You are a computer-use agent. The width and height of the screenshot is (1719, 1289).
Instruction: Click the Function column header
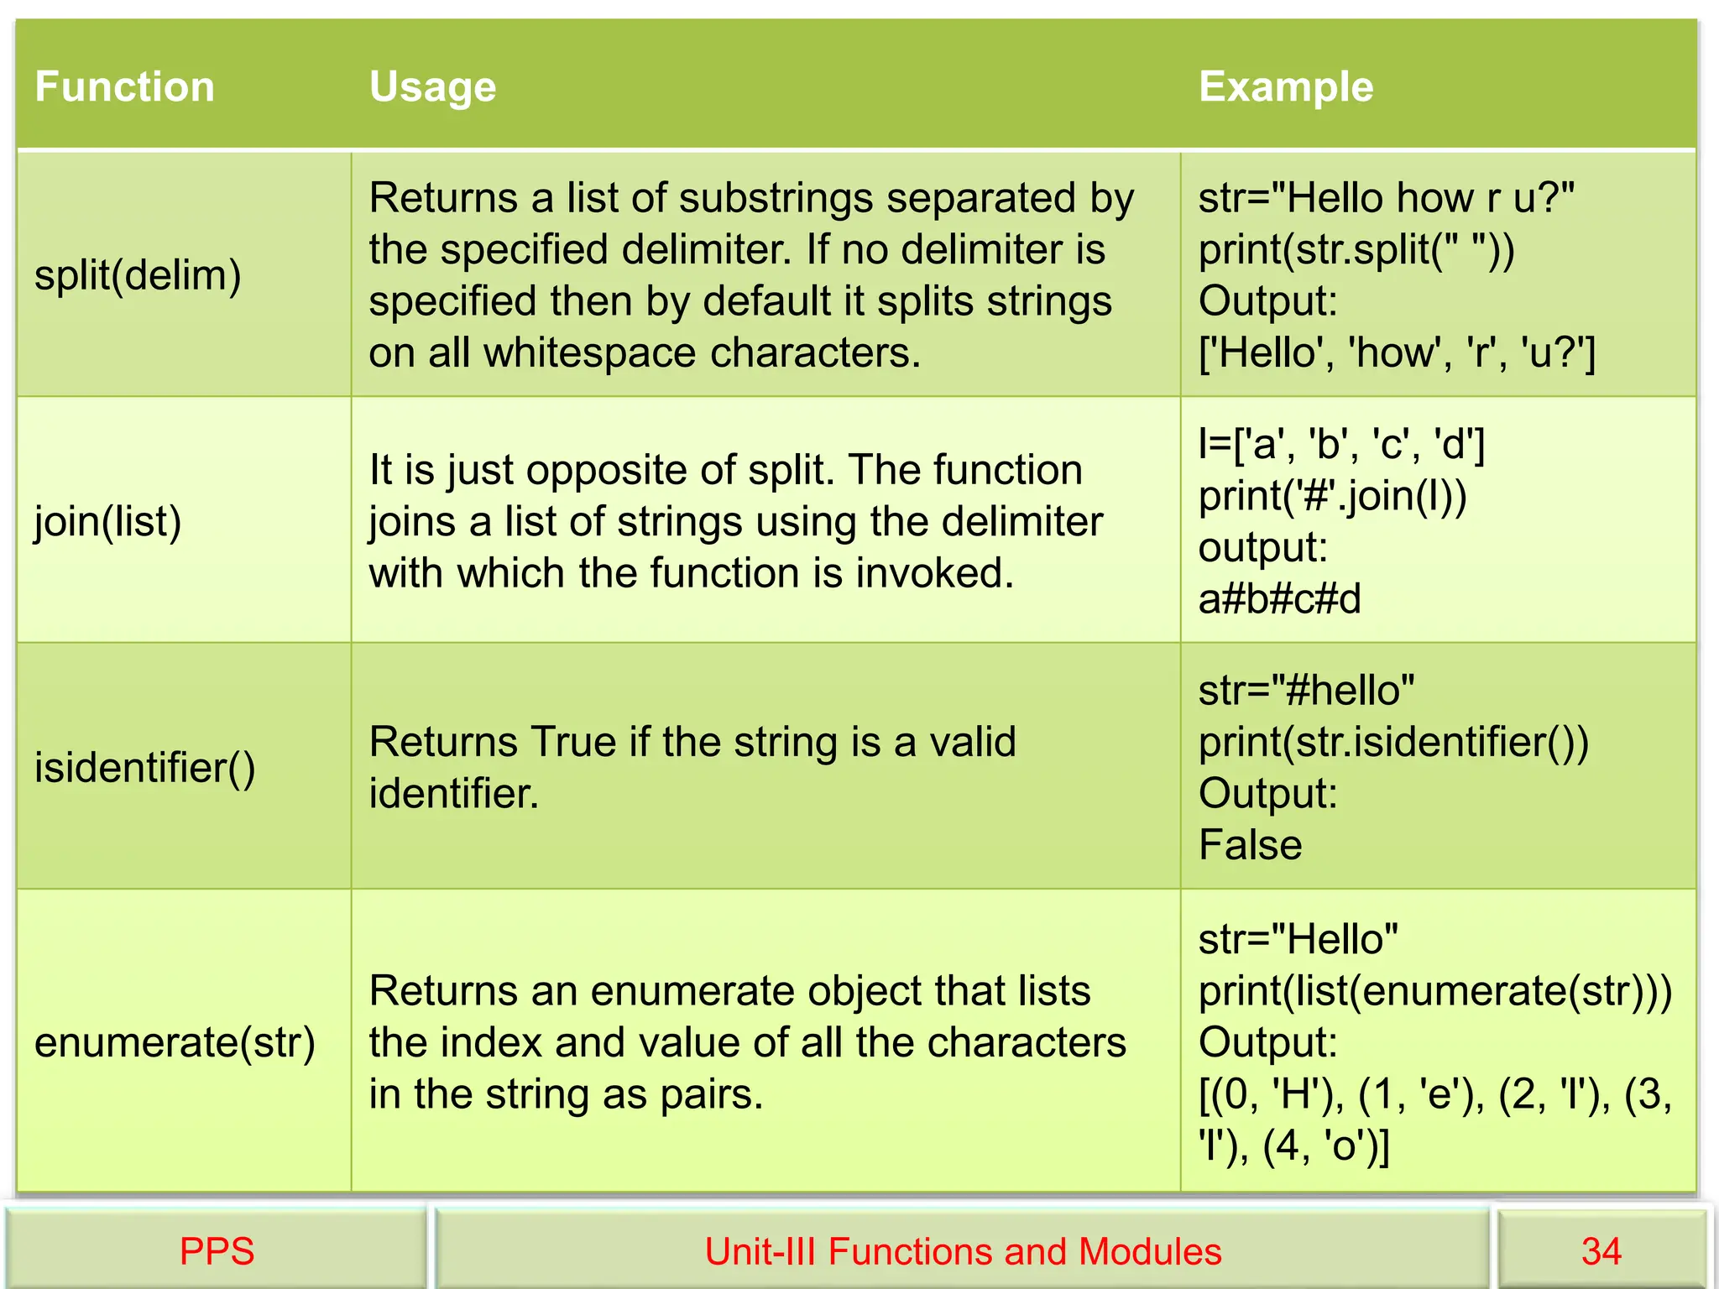[125, 86]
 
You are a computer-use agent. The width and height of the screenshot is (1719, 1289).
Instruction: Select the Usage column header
[432, 86]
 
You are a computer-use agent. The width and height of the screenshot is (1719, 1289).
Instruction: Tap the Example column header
[1286, 86]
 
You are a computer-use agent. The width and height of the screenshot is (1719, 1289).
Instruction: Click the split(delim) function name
[138, 275]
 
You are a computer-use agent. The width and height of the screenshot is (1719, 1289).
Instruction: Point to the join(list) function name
[107, 521]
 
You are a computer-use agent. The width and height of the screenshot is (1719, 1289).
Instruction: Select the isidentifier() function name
[144, 767]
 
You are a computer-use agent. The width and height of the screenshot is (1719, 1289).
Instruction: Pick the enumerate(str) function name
[175, 1042]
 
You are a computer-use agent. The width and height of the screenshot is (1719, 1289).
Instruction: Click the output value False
[1250, 844]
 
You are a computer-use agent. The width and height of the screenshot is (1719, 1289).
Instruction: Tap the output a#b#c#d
[1279, 599]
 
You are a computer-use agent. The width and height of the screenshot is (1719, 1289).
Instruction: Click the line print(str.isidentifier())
[1393, 742]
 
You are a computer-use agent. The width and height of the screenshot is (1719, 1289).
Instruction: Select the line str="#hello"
[1306, 691]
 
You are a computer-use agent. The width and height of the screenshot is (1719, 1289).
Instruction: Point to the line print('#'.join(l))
[1332, 496]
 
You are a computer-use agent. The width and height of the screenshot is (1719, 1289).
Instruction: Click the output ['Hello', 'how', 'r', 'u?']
[1397, 352]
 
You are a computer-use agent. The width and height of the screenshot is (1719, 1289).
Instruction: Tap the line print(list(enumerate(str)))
[1434, 991]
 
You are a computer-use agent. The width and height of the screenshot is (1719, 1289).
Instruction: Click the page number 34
[1601, 1251]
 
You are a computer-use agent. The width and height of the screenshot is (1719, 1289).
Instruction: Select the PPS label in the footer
[217, 1251]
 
